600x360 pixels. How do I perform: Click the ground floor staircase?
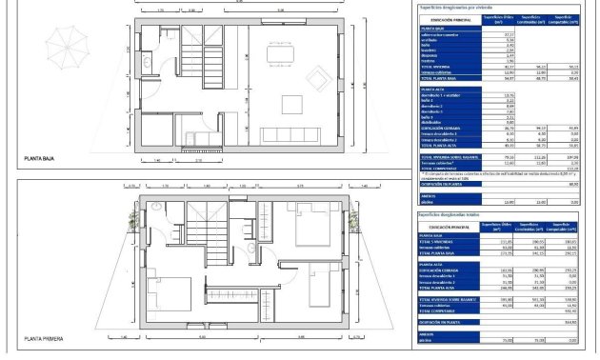coord(200,50)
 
